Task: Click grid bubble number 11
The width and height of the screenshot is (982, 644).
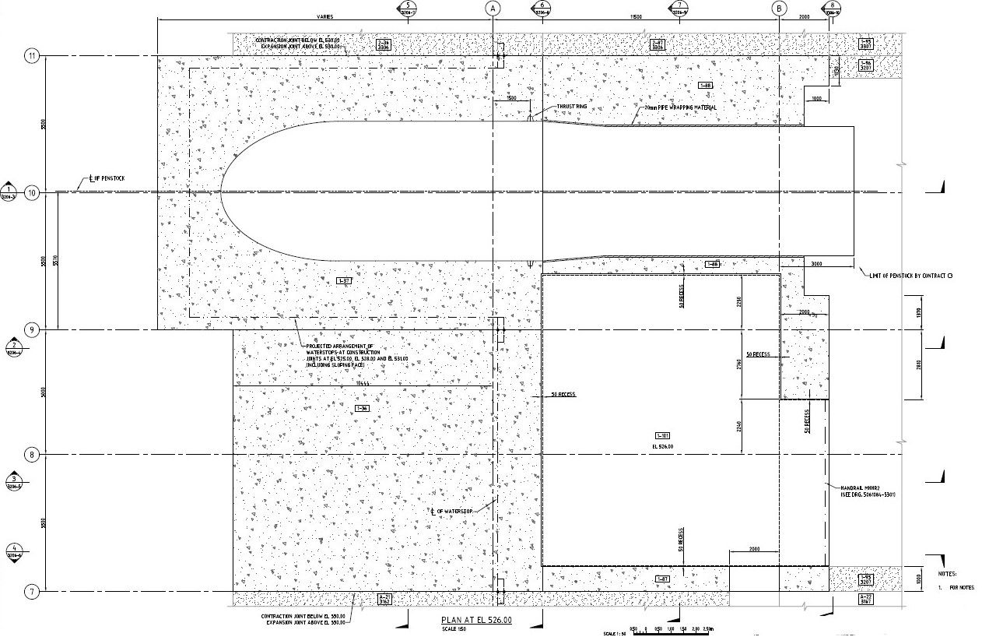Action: [x=32, y=56]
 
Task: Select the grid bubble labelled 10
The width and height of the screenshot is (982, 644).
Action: [x=32, y=192]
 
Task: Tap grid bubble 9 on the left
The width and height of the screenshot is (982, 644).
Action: [x=32, y=330]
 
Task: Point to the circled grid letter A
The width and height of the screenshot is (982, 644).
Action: [x=492, y=8]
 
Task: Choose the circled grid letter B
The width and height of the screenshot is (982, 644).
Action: [x=780, y=8]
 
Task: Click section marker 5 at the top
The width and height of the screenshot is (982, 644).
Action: [x=402, y=8]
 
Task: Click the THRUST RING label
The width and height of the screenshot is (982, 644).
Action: [x=570, y=107]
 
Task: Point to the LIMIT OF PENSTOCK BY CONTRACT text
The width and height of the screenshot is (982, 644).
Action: [x=910, y=276]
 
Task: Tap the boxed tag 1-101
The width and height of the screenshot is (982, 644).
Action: [x=662, y=435]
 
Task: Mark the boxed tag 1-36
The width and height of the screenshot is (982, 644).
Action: [x=361, y=408]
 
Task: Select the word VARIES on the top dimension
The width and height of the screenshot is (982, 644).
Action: [x=325, y=16]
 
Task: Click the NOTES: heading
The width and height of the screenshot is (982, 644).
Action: [x=947, y=574]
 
